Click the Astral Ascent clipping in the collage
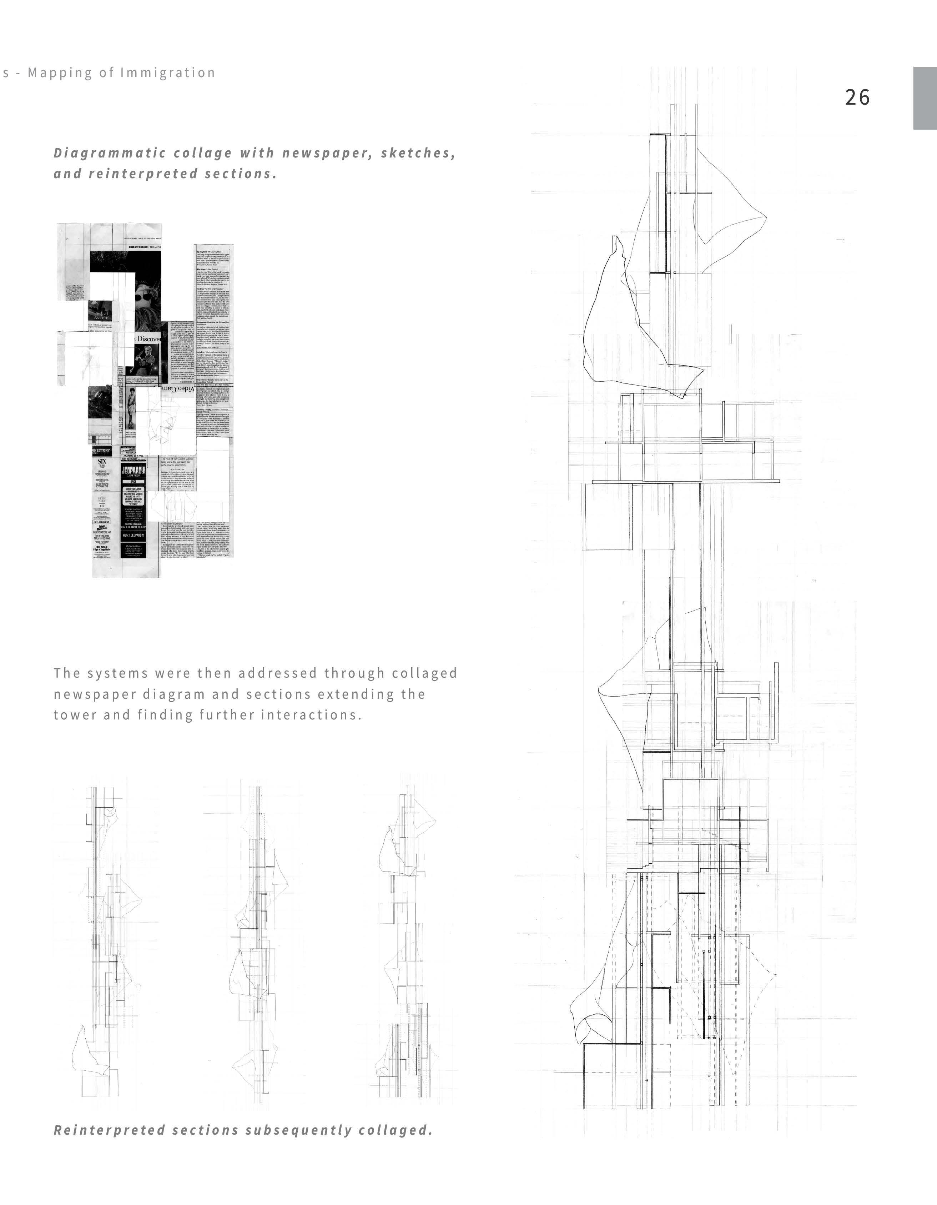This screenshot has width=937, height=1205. (102, 316)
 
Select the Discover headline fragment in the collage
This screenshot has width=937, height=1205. (148, 338)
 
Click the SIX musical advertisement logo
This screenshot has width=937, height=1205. (102, 461)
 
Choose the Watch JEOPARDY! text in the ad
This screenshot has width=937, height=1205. (133, 535)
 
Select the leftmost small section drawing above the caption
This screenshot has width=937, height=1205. (105, 944)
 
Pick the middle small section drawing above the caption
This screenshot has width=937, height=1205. (256, 944)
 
